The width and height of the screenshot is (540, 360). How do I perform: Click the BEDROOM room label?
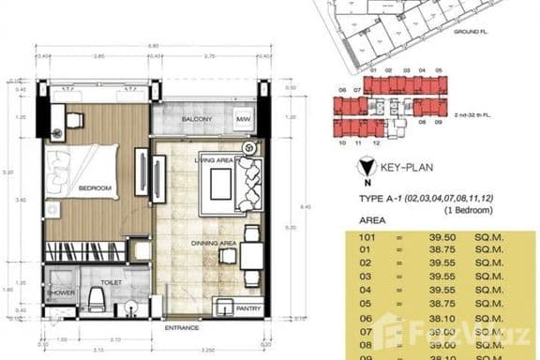pos(96,188)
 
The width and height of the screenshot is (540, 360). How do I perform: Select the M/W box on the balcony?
pos(243,120)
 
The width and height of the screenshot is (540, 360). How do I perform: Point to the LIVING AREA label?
pos(213,159)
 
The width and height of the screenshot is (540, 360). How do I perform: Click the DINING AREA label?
pos(213,243)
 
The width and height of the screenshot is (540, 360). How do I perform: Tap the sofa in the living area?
pos(253,180)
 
